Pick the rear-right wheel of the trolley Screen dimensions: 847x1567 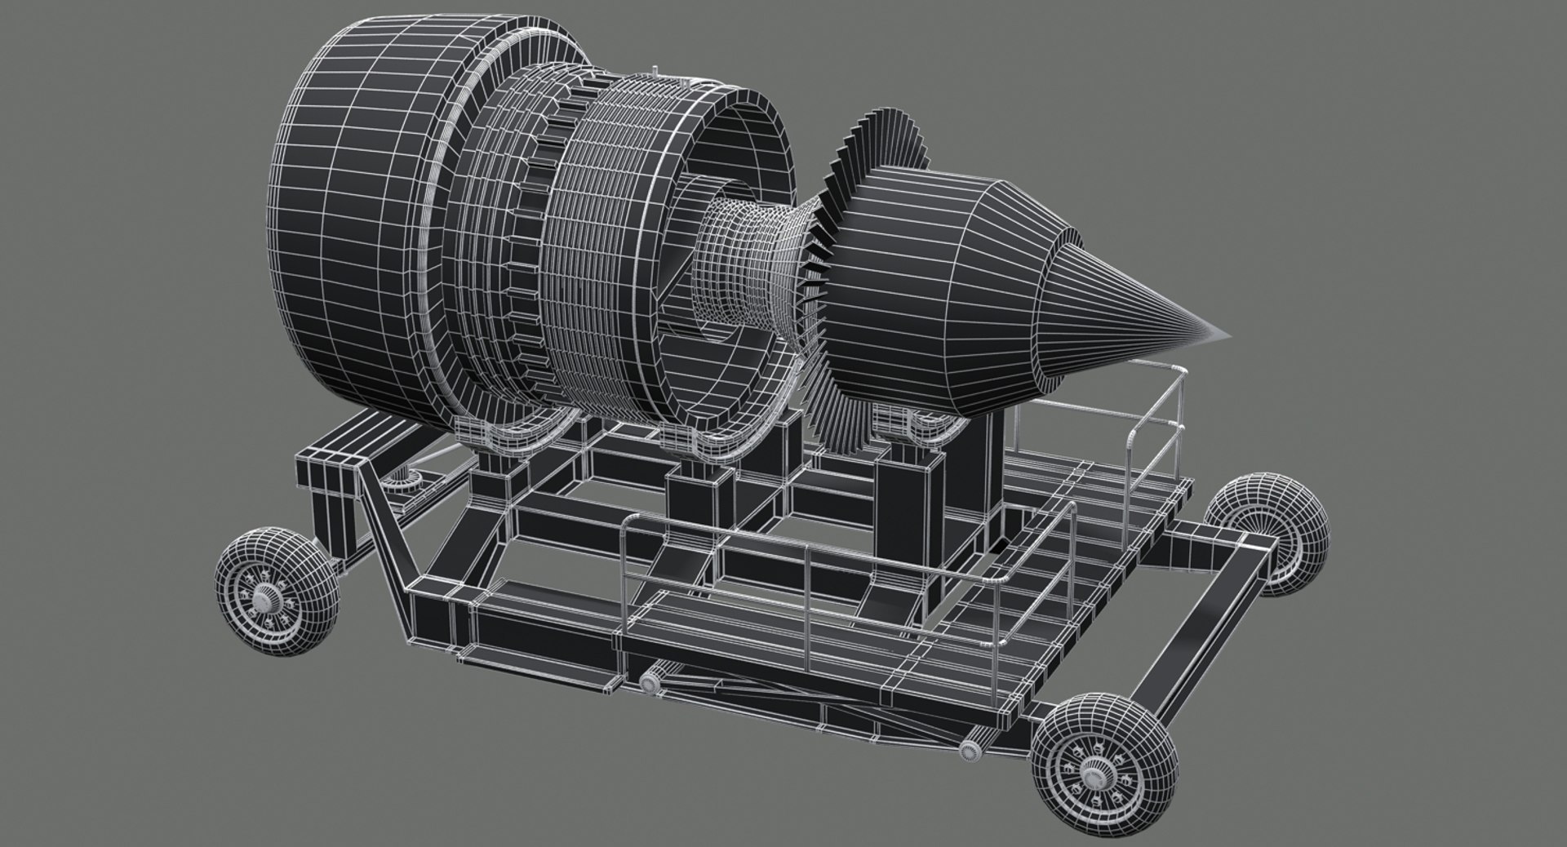tap(1269, 536)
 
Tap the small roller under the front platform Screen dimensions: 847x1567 tap(650, 682)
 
